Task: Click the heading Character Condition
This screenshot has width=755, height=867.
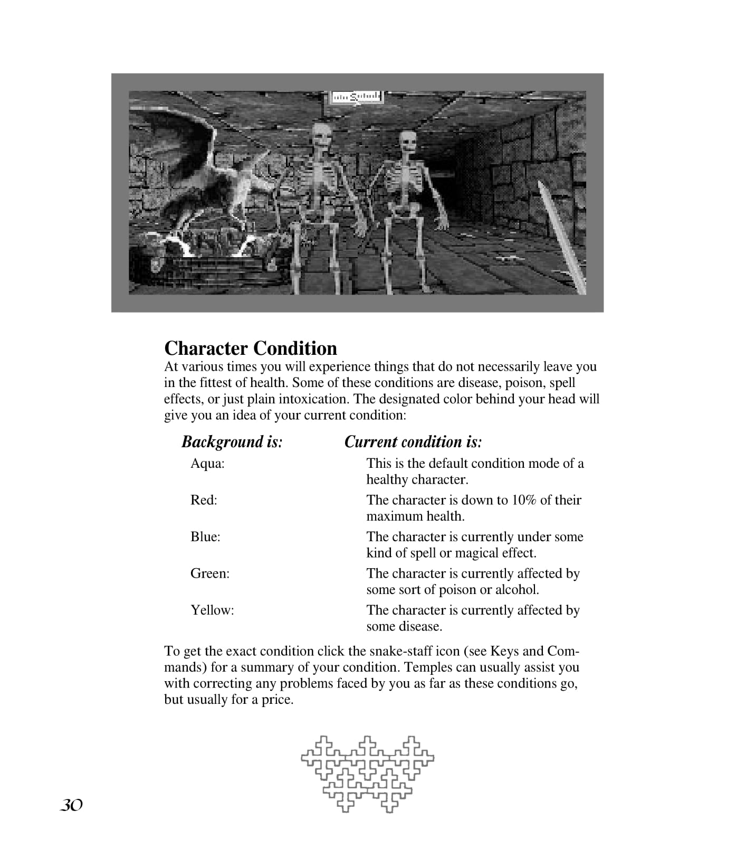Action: [251, 348]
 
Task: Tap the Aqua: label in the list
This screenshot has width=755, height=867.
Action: [207, 464]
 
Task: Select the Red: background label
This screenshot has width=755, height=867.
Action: [204, 500]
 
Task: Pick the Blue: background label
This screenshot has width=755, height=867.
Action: [205, 537]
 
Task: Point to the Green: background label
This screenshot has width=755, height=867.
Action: [210, 573]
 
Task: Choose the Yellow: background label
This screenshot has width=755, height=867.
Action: [212, 610]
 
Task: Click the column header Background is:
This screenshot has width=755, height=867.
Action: [232, 441]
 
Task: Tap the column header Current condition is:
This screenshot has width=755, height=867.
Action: [413, 441]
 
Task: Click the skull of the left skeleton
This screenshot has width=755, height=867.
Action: [320, 137]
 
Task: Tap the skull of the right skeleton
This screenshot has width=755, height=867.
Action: [407, 144]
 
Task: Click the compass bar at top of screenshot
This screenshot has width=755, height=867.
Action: [356, 97]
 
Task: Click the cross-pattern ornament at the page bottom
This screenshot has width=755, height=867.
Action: [367, 774]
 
